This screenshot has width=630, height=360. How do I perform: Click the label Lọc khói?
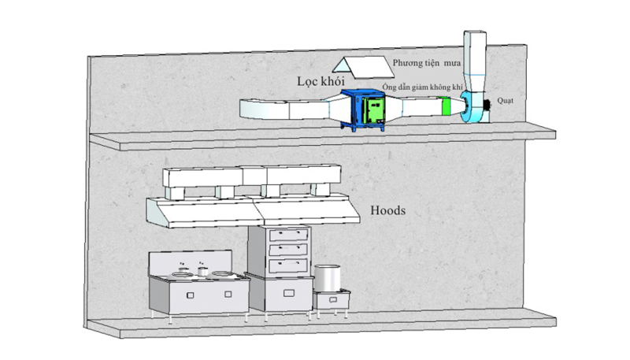tap(321, 82)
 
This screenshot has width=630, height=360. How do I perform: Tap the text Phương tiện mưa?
tap(426, 63)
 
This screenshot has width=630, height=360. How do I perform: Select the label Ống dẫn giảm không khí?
tap(422, 87)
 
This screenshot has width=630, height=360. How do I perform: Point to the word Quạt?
tap(505, 101)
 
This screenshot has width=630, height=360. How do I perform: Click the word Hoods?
tap(387, 210)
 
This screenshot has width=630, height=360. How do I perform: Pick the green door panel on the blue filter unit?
tap(373, 111)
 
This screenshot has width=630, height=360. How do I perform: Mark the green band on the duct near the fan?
tap(446, 106)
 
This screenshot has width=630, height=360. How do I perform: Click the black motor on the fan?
tap(487, 106)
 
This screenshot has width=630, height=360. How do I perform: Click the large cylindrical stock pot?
tap(327, 277)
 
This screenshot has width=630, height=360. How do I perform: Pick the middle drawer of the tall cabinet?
tap(288, 250)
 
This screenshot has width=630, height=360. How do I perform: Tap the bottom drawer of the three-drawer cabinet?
tap(288, 265)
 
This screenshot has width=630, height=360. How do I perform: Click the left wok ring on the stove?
tap(183, 274)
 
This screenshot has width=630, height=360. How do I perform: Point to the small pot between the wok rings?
tap(203, 272)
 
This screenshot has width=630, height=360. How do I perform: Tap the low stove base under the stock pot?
tap(332, 299)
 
